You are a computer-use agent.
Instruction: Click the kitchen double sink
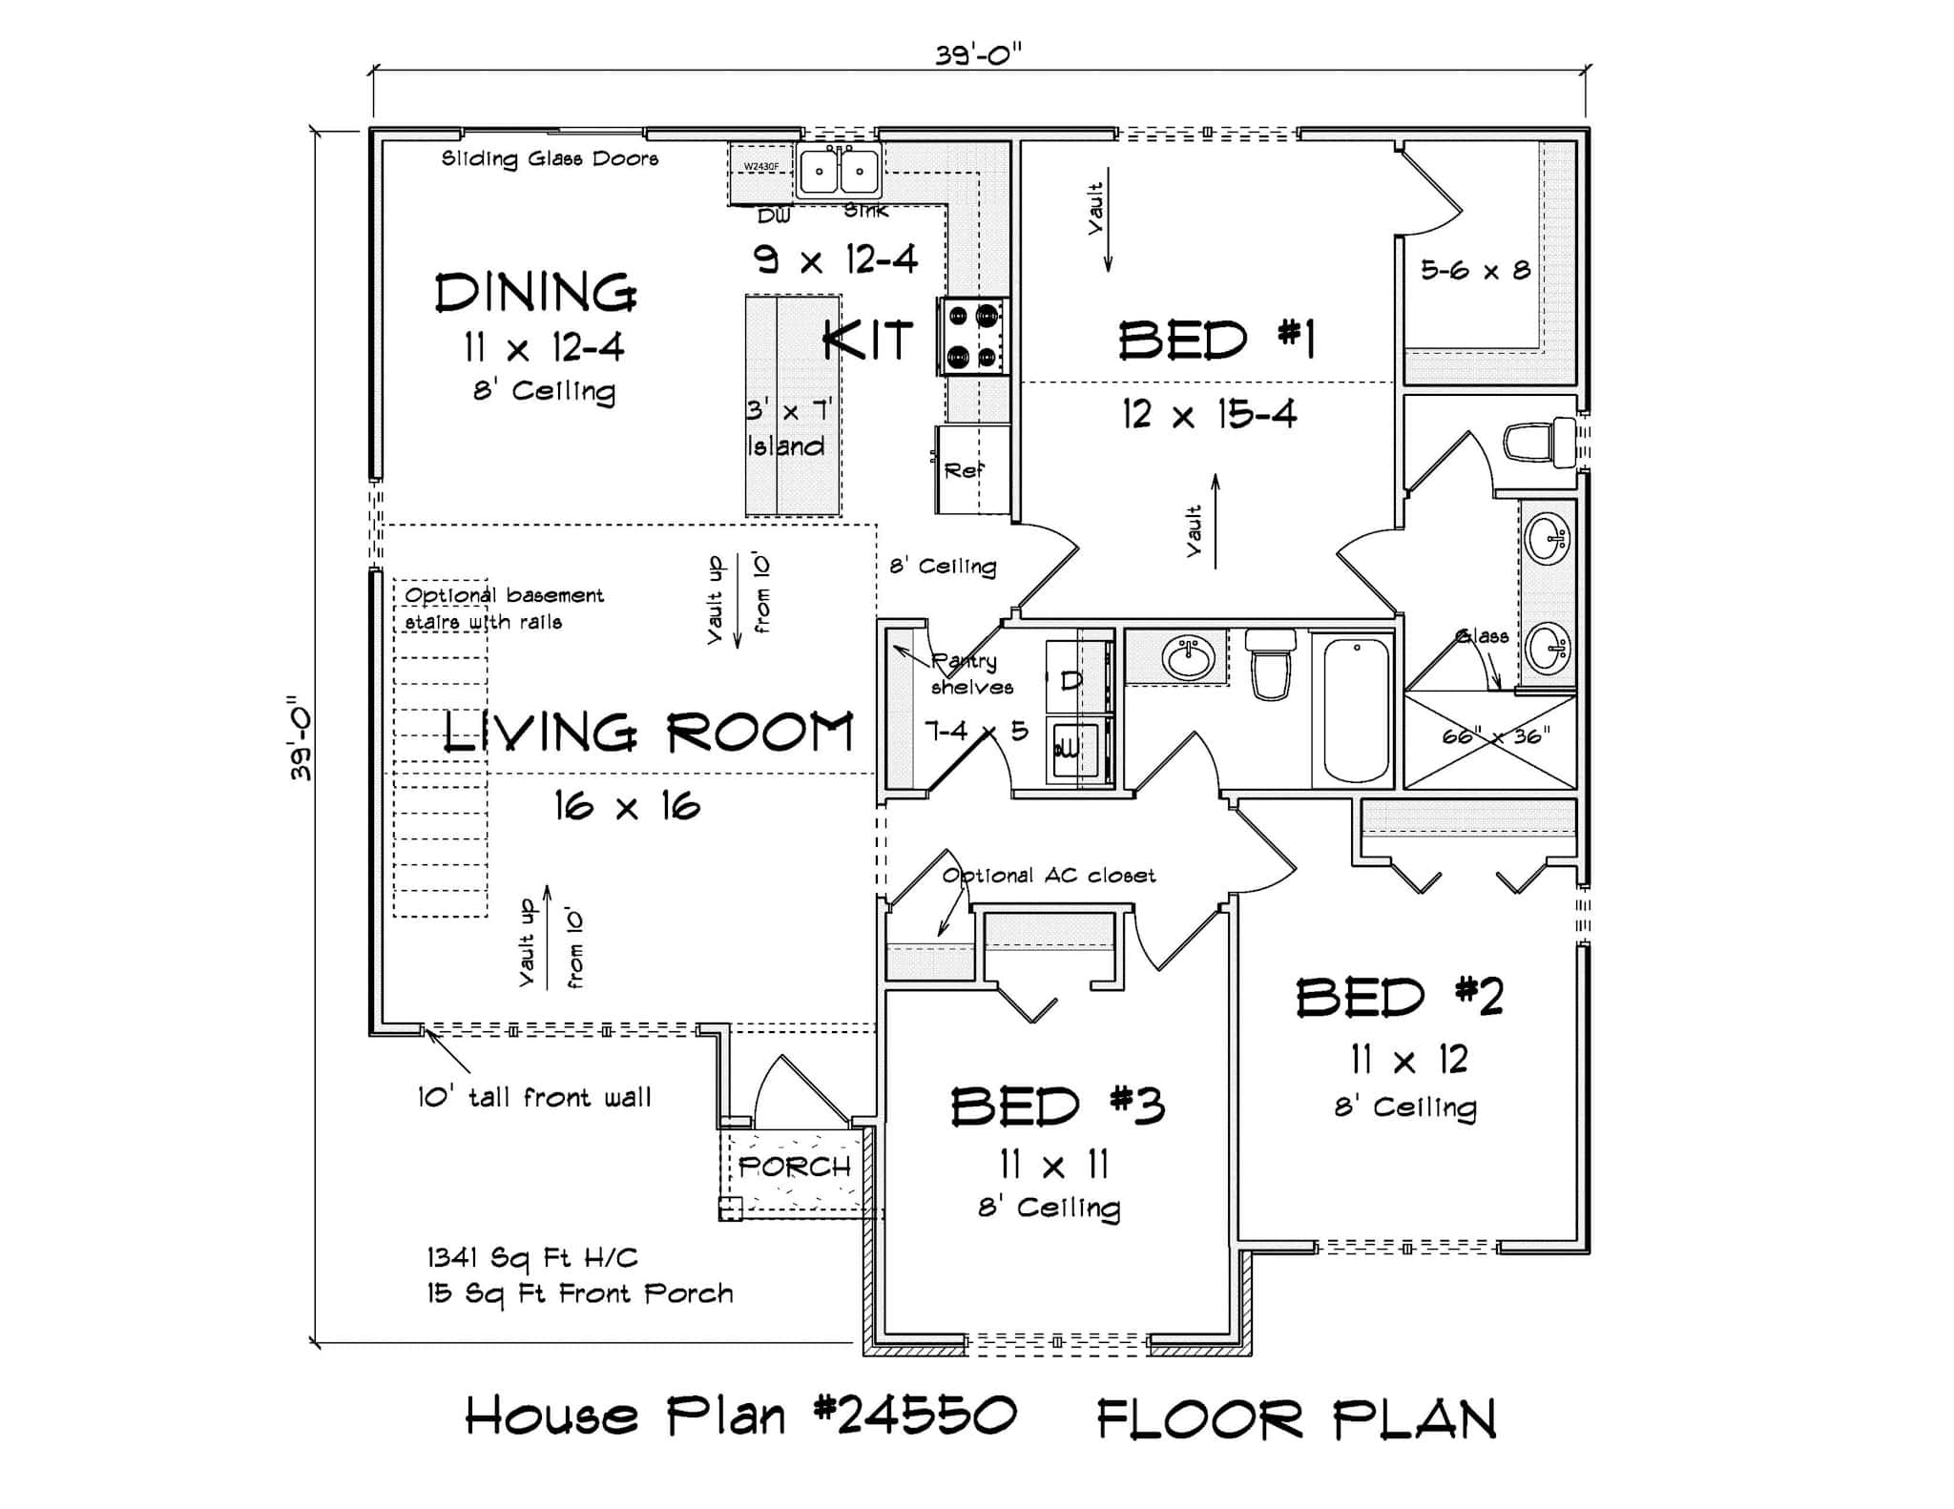(x=839, y=173)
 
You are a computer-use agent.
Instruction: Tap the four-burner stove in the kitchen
(x=972, y=336)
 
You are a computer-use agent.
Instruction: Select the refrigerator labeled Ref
(x=971, y=469)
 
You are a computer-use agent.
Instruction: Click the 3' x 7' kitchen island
(x=793, y=406)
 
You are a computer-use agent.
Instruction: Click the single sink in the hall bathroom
(x=1187, y=656)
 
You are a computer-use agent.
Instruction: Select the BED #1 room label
(x=1216, y=341)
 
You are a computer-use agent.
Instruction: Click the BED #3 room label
(x=1057, y=1106)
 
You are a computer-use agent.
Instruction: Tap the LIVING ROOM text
(x=648, y=734)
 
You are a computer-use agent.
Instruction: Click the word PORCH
(x=794, y=1166)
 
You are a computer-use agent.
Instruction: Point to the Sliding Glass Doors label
(x=550, y=158)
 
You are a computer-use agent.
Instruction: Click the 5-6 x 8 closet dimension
(x=1475, y=271)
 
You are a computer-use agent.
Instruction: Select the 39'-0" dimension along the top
(x=978, y=54)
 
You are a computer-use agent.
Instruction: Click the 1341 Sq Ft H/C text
(x=532, y=1257)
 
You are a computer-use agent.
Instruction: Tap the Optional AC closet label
(x=1049, y=875)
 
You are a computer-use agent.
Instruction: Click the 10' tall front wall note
(x=534, y=1097)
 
